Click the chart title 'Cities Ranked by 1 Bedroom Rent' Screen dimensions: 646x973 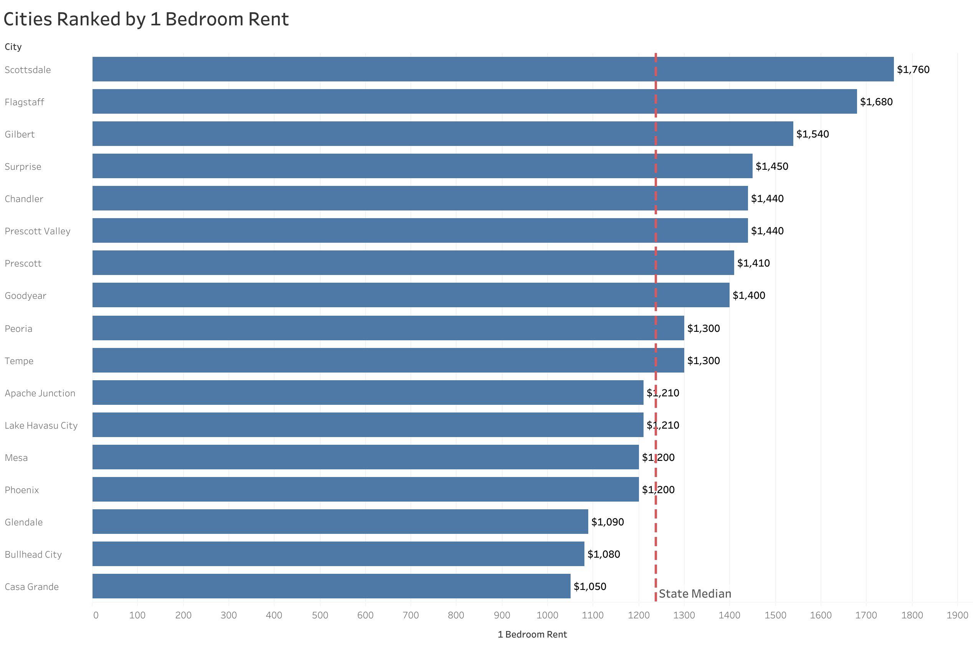click(x=146, y=19)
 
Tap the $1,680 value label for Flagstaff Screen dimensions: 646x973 click(x=876, y=102)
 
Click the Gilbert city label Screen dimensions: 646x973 click(x=20, y=134)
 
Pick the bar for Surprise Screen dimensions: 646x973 click(x=422, y=166)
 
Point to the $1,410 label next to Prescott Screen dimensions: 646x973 click(x=753, y=263)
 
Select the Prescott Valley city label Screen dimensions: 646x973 click(x=38, y=231)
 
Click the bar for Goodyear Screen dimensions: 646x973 click(x=410, y=295)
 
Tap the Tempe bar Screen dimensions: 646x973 click(x=387, y=361)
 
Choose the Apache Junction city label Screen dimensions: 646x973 click(x=40, y=393)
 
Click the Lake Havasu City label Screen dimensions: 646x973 click(x=41, y=425)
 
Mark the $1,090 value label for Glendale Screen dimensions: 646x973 click(x=607, y=522)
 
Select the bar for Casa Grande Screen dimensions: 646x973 click(x=331, y=586)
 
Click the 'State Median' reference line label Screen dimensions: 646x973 click(x=695, y=594)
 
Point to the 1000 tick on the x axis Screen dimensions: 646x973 click(x=547, y=615)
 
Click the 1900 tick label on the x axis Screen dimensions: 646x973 click(x=957, y=615)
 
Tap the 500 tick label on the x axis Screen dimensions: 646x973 click(x=319, y=615)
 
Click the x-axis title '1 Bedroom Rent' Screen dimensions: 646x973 click(x=531, y=634)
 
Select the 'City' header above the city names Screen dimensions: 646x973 click(x=13, y=46)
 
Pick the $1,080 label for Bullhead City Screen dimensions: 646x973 click(x=603, y=554)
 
